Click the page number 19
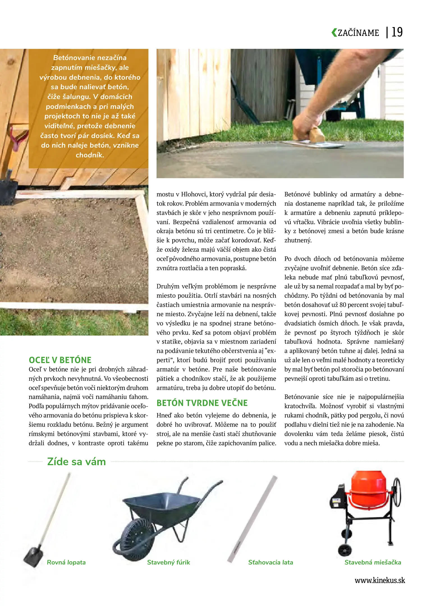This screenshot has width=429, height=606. click(397, 32)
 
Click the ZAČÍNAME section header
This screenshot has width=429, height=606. click(358, 33)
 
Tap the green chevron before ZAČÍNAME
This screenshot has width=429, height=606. click(334, 33)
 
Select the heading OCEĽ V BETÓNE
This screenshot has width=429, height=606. click(60, 360)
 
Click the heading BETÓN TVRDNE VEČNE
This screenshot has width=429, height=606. click(202, 403)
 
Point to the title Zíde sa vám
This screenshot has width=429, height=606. click(76, 462)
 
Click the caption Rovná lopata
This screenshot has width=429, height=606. click(66, 562)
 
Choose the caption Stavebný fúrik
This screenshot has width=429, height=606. click(168, 562)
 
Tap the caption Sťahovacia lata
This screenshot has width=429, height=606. click(270, 562)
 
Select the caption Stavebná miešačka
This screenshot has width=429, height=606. click(373, 562)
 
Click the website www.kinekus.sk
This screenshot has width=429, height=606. click(380, 580)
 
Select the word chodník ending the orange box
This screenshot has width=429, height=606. click(90, 155)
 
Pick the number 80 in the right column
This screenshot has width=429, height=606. click(343, 305)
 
